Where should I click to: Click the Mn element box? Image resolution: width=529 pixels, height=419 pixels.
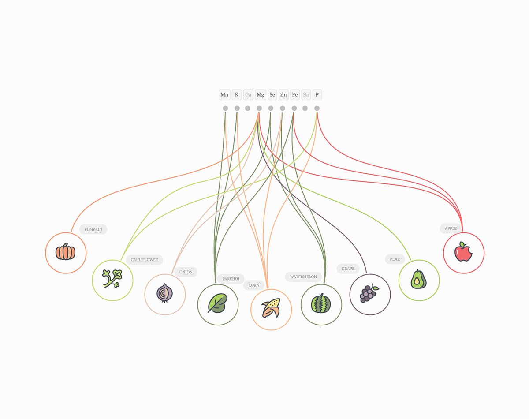[224, 94]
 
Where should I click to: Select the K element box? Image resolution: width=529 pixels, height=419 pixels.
[237, 94]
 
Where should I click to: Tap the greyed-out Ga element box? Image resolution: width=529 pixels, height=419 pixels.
[248, 94]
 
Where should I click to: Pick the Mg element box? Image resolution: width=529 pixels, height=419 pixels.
[261, 94]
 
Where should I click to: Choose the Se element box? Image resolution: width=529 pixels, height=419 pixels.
[272, 94]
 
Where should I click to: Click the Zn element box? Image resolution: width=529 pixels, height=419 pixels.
[283, 94]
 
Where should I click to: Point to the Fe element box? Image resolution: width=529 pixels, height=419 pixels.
[295, 94]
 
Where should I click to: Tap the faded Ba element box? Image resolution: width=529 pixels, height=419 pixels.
[306, 94]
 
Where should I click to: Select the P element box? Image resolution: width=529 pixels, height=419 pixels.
[317, 94]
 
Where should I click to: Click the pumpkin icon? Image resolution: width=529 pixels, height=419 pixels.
[66, 253]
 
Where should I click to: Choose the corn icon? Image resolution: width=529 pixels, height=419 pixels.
[271, 307]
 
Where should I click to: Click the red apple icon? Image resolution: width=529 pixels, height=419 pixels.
[463, 253]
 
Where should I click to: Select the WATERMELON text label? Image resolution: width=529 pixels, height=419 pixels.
[303, 277]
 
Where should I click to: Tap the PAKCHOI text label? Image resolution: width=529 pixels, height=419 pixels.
[231, 279]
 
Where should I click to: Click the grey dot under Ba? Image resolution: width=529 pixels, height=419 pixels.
[305, 108]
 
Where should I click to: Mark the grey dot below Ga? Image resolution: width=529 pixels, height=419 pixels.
[248, 108]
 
